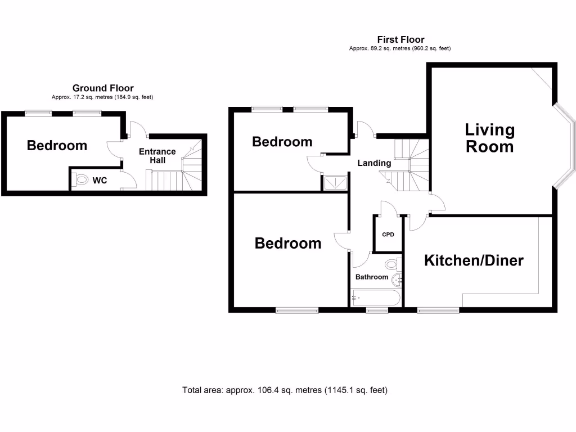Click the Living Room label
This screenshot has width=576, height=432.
tap(489, 138)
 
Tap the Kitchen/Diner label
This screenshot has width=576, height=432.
tap(474, 260)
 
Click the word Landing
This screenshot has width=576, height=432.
tap(375, 163)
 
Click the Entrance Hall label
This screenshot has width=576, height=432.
tap(157, 156)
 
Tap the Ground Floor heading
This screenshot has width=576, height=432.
tap(103, 88)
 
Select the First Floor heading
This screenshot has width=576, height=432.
tap(400, 39)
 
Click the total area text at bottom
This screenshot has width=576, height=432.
tap(285, 390)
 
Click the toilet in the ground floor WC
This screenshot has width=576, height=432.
tap(82, 181)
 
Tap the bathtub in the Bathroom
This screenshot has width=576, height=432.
tap(375, 297)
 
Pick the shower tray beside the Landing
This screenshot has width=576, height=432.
tap(335, 182)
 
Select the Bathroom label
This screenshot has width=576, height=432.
tap(371, 277)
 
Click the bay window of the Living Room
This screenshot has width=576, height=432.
tap(567, 146)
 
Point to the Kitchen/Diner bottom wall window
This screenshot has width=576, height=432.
tap(438, 309)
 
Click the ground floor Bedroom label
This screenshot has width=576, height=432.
tap(57, 146)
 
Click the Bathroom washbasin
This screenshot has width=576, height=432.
tap(397, 280)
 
